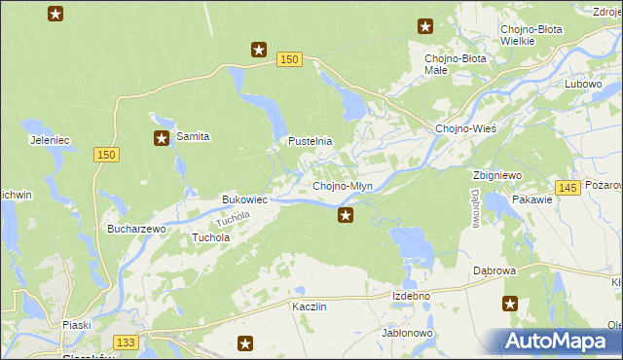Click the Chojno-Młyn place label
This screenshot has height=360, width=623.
[x=342, y=186]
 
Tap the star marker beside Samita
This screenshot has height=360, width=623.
[x=161, y=138]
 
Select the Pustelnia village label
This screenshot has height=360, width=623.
[x=310, y=141]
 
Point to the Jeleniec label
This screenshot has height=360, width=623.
[x=50, y=140]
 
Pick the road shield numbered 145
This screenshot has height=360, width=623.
[x=570, y=186]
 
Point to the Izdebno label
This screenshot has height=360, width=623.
[x=411, y=295]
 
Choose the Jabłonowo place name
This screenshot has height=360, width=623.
[x=407, y=333]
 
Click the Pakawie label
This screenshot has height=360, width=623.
[x=531, y=199]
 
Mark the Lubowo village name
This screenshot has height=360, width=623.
[x=583, y=84]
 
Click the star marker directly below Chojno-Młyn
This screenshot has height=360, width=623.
[x=345, y=215]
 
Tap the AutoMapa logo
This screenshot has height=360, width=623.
[x=556, y=342]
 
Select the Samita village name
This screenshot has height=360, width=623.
[x=193, y=137]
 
